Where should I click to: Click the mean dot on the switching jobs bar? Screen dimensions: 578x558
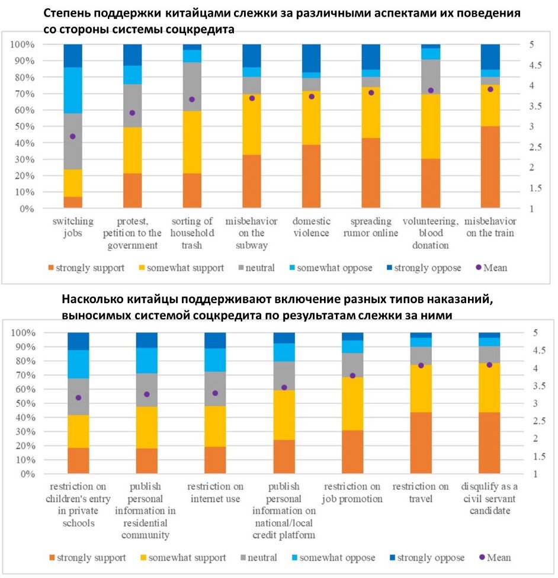pyautogui.click(x=73, y=136)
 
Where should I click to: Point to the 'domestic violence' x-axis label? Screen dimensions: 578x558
pyautogui.click(x=311, y=227)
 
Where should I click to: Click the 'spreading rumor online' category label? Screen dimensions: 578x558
pyautogui.click(x=370, y=227)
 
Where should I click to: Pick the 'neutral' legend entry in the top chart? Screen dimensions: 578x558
pyautogui.click(x=258, y=268)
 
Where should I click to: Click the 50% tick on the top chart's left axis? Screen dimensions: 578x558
pyautogui.click(x=25, y=127)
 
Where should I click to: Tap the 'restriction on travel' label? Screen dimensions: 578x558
pyautogui.click(x=420, y=493)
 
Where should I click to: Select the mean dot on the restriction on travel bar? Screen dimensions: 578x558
pyautogui.click(x=421, y=365)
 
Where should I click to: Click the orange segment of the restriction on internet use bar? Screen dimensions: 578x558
pyautogui.click(x=215, y=460)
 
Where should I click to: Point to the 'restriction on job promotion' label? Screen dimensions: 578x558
pyautogui.click(x=352, y=493)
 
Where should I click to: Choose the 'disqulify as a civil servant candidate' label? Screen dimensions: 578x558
pyautogui.click(x=489, y=499)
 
